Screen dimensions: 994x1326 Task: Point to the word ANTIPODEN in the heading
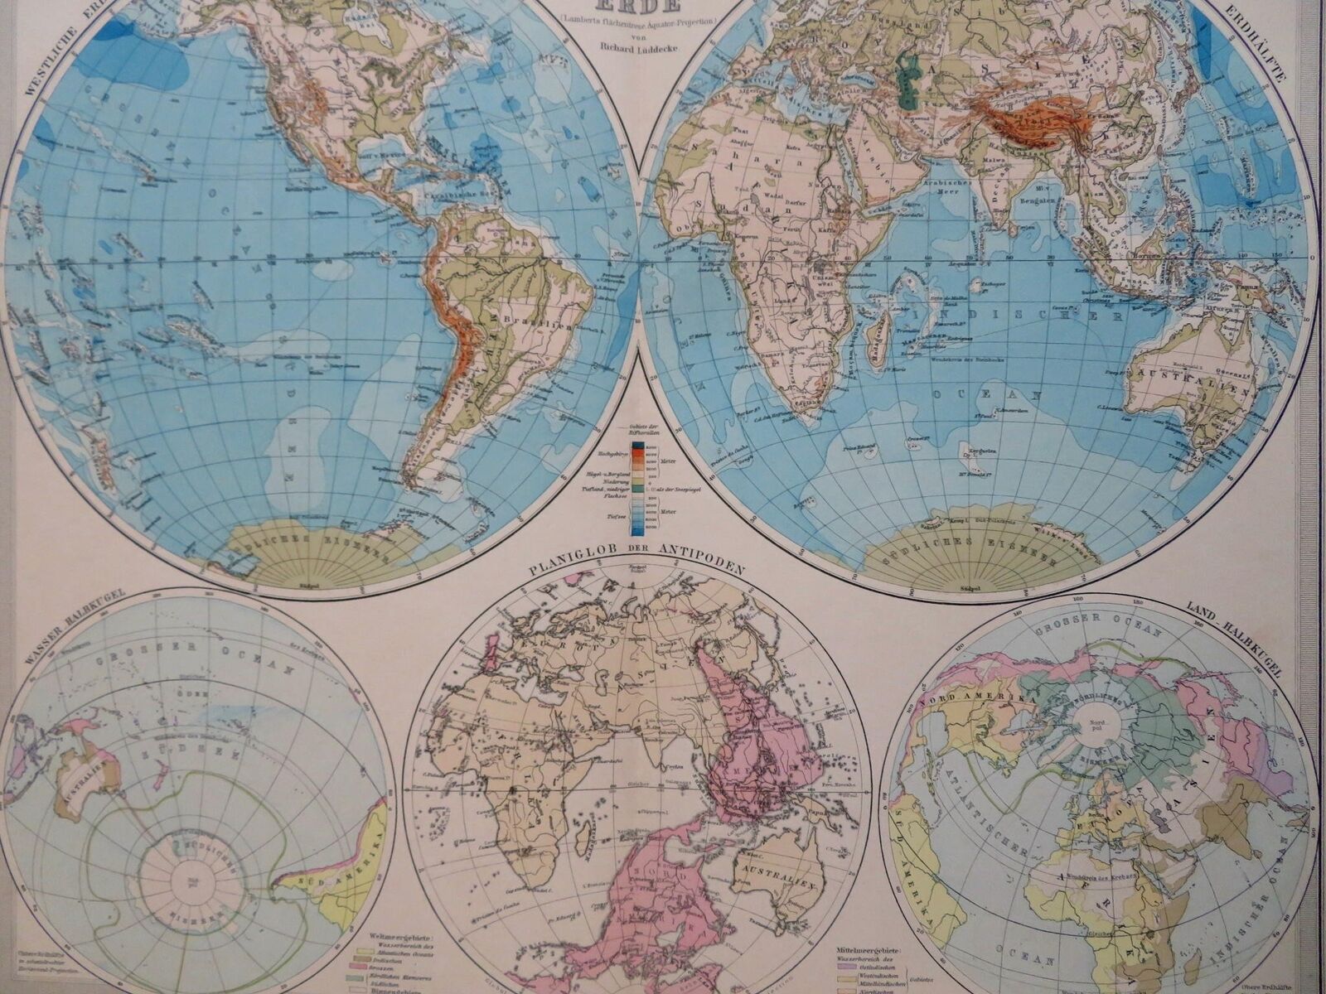click(704, 570)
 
